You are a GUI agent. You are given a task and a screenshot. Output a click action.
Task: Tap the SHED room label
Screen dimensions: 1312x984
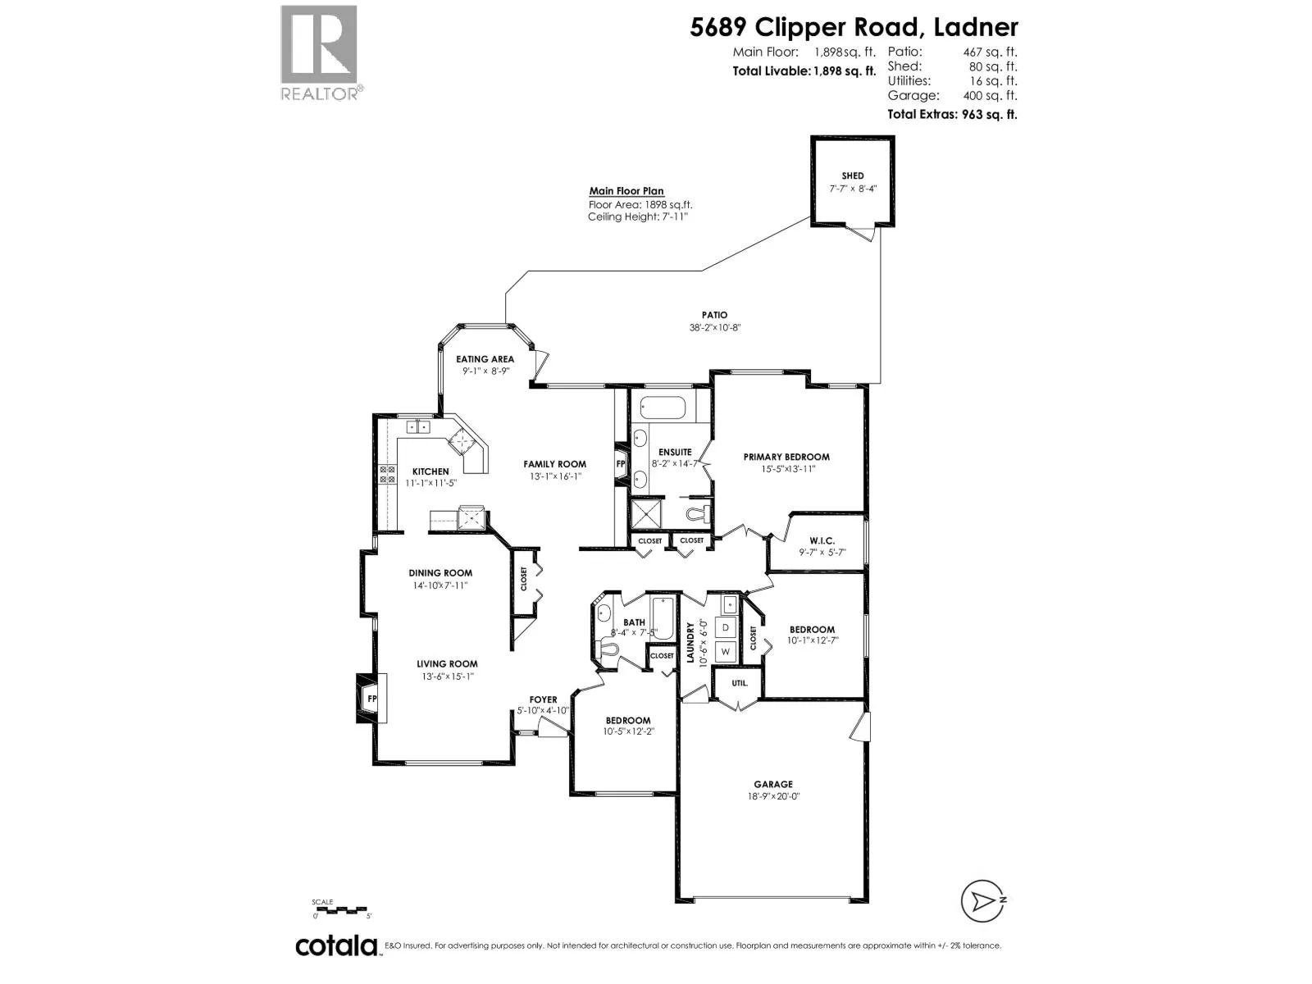pyautogui.click(x=852, y=175)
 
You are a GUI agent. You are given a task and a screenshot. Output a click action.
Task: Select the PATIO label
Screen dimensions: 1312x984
pyautogui.click(x=715, y=315)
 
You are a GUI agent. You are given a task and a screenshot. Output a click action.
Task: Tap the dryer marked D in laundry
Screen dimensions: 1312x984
pyautogui.click(x=726, y=627)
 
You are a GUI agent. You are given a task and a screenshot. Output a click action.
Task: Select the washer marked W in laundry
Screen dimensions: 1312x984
pyautogui.click(x=726, y=651)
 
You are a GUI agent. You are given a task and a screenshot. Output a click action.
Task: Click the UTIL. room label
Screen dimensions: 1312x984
pyautogui.click(x=740, y=683)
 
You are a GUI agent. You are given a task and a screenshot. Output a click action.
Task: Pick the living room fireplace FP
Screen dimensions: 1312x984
pyautogui.click(x=371, y=699)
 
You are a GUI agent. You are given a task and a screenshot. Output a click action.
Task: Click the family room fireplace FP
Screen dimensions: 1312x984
pyautogui.click(x=621, y=463)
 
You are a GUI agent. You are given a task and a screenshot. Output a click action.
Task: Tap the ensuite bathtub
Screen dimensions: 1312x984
pyautogui.click(x=663, y=408)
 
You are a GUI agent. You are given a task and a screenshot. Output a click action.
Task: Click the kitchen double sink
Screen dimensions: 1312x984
pyautogui.click(x=418, y=426)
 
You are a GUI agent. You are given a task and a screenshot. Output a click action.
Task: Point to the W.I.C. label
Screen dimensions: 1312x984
pyautogui.click(x=822, y=540)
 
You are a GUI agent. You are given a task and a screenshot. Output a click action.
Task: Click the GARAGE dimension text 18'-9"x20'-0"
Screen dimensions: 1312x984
pyautogui.click(x=773, y=796)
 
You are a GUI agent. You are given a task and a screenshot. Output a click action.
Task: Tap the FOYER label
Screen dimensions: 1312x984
pyautogui.click(x=543, y=699)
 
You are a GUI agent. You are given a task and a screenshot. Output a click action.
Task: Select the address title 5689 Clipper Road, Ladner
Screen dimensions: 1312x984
pyautogui.click(x=854, y=28)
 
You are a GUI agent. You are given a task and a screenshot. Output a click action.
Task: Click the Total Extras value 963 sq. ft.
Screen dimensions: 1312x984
pyautogui.click(x=989, y=114)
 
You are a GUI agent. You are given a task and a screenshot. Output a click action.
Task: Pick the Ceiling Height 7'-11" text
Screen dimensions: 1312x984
pyautogui.click(x=638, y=216)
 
